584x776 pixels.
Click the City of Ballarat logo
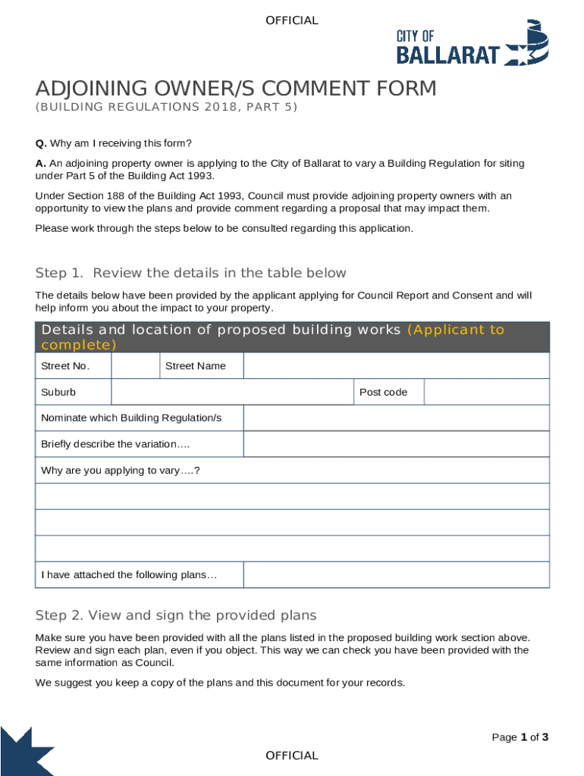tap(472, 44)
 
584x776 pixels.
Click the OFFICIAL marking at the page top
tap(292, 20)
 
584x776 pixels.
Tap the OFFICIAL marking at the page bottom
tap(292, 756)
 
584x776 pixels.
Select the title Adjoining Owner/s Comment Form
tap(236, 89)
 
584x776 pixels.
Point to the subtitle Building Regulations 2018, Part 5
tap(167, 108)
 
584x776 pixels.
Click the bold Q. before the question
tap(41, 143)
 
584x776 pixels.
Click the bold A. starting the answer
tap(41, 164)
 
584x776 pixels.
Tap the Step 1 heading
tap(190, 273)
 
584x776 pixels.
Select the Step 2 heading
tap(176, 615)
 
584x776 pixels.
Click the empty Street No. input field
tap(135, 366)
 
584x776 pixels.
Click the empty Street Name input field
tap(396, 366)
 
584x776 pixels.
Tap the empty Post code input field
tap(486, 392)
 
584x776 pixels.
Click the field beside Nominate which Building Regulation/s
tap(396, 418)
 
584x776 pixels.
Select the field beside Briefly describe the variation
tap(396, 444)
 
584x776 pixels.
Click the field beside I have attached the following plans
tap(396, 574)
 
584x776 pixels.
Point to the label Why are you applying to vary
tap(120, 471)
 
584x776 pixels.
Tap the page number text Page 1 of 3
tap(520, 737)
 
